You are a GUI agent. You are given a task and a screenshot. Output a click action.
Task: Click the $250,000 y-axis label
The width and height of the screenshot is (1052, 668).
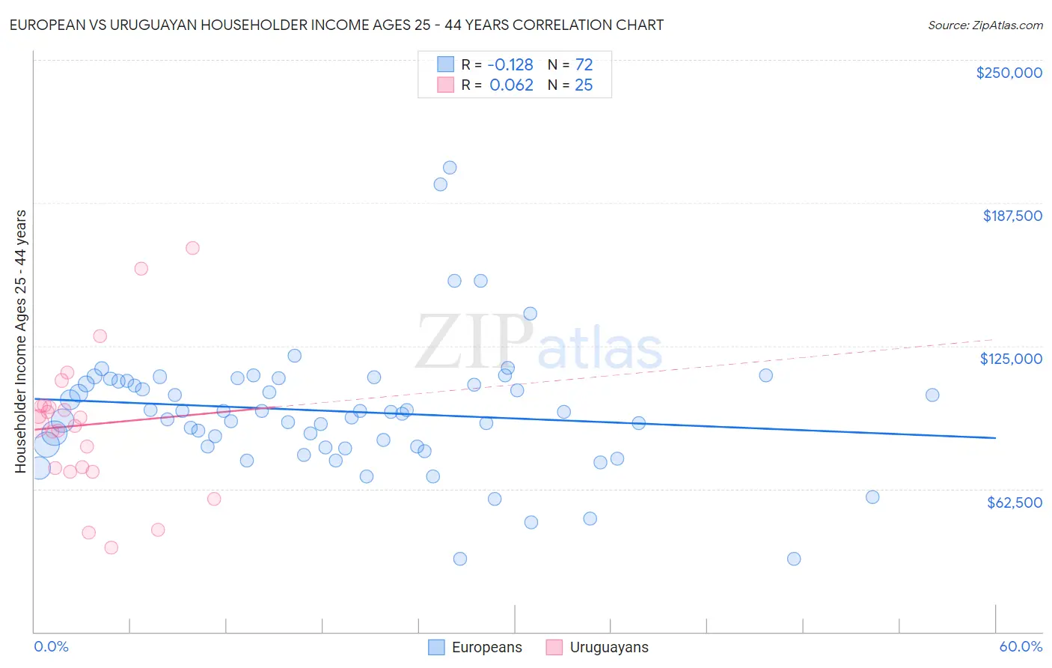click(x=1009, y=73)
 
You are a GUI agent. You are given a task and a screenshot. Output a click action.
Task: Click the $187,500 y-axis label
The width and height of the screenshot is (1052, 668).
click(x=1012, y=216)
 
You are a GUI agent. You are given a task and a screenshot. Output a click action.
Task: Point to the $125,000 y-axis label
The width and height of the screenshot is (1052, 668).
click(x=1011, y=359)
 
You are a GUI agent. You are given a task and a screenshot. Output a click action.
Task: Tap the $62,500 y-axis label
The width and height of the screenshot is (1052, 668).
click(x=1014, y=502)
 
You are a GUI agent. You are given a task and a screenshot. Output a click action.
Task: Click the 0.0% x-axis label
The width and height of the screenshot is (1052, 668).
click(x=52, y=646)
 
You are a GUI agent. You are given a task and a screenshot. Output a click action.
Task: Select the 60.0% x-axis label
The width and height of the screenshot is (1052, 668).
click(x=1021, y=646)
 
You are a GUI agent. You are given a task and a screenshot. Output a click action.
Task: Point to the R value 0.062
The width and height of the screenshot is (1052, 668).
click(x=511, y=85)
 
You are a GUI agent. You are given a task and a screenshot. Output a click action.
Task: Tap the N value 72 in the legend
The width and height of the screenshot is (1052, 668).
click(x=584, y=64)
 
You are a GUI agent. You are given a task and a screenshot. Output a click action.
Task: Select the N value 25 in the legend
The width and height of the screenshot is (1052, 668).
click(x=584, y=85)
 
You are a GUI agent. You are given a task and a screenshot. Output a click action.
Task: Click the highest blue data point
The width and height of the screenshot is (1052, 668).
click(x=450, y=168)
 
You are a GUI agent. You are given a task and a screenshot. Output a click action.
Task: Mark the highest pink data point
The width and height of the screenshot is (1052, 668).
click(x=192, y=248)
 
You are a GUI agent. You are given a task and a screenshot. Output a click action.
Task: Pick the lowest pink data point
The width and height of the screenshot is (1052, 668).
click(x=111, y=547)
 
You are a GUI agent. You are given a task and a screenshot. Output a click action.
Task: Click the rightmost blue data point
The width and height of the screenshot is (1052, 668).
click(x=932, y=395)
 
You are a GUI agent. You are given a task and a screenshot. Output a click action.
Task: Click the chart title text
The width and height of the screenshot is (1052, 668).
click(x=336, y=25)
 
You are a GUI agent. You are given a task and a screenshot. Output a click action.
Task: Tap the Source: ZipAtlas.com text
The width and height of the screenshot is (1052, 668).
click(x=985, y=25)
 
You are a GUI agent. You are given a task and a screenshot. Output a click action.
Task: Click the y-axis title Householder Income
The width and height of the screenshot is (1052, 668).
click(x=21, y=341)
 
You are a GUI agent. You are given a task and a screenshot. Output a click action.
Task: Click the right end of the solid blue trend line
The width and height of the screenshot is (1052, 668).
click(x=995, y=437)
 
